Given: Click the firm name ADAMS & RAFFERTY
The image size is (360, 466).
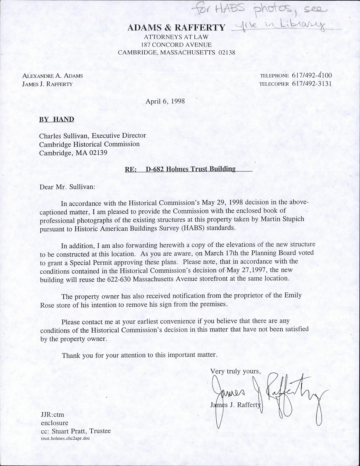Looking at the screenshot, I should [176, 28].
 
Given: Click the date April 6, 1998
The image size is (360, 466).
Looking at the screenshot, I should [165, 101].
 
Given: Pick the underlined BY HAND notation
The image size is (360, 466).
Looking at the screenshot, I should [56, 119].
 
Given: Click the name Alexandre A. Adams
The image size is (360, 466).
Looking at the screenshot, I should [52, 75].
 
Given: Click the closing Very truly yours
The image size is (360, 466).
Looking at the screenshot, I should [234, 371].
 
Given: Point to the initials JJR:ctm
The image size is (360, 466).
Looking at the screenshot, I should [52, 415].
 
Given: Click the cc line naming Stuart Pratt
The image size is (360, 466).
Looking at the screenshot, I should [76, 431].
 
